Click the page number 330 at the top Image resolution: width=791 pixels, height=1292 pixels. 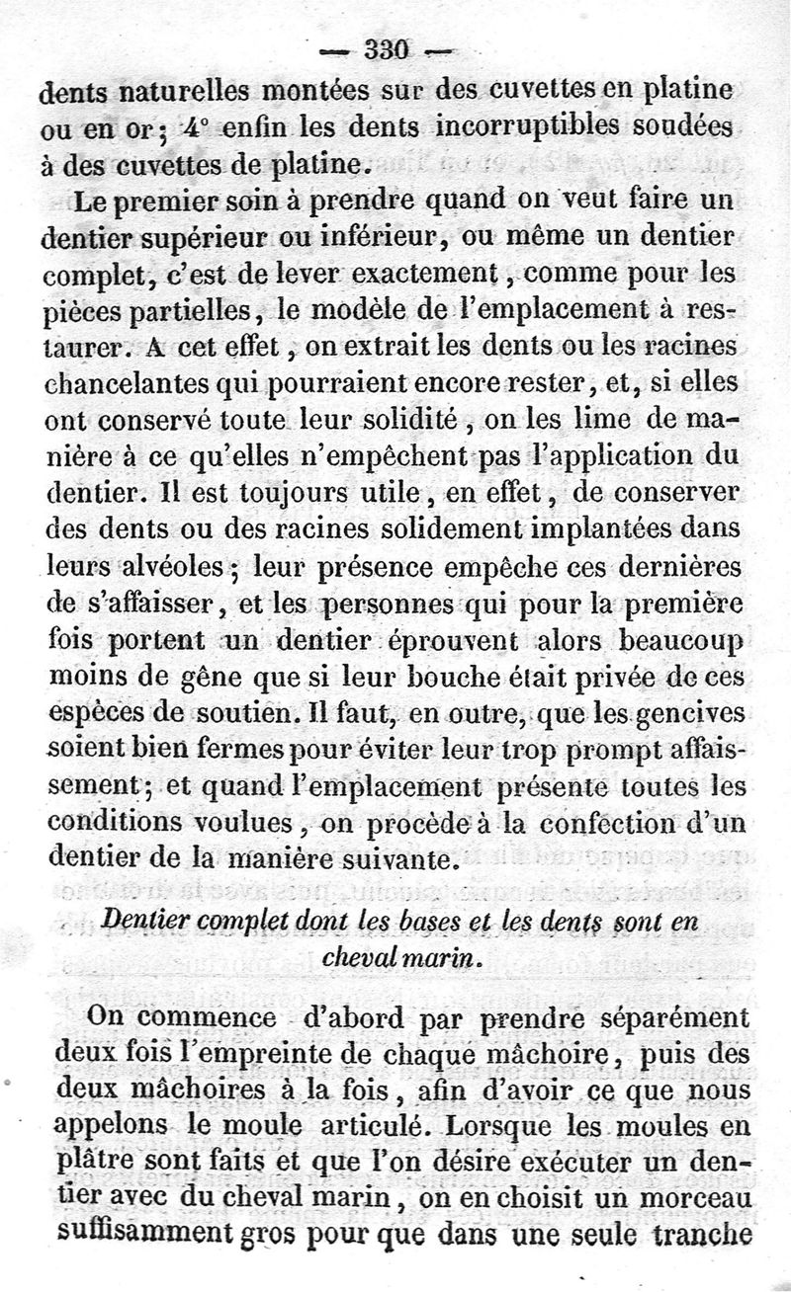pos(393,48)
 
